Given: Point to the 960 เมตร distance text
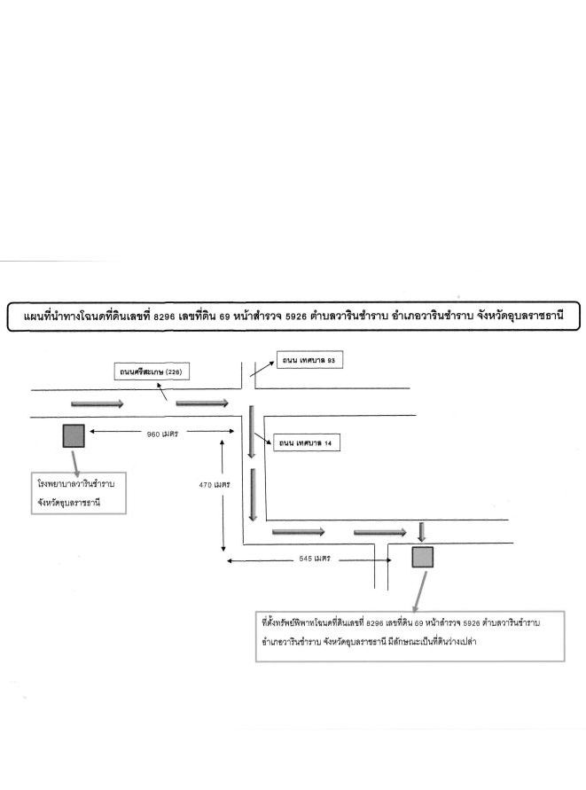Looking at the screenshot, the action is click(x=162, y=434).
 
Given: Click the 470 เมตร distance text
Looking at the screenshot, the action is click(x=215, y=485).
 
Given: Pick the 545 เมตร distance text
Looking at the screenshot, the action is click(x=315, y=559).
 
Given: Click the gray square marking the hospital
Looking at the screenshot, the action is click(x=74, y=436).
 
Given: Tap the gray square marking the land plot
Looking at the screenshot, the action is click(x=422, y=557).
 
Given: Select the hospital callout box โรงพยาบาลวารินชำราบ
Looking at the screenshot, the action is click(x=79, y=493).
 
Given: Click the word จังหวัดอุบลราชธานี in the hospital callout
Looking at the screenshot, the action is click(x=69, y=503).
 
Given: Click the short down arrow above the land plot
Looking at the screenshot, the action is click(x=422, y=532).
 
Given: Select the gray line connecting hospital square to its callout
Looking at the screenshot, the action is click(x=75, y=463).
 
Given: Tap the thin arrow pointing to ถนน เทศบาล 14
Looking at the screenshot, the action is click(x=262, y=438).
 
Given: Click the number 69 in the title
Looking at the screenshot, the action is click(x=224, y=317).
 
